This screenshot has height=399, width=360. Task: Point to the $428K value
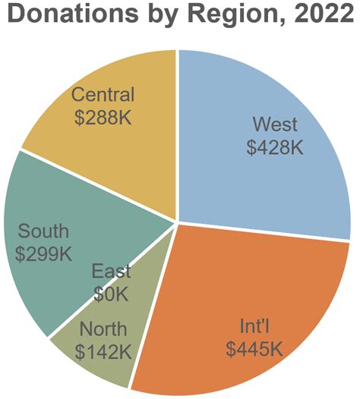pos(275,146)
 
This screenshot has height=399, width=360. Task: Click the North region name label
pos(103,330)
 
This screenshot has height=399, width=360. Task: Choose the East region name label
pos(111,272)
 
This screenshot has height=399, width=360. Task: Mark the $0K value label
pos(111,293)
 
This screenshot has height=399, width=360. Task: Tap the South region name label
pos(43,231)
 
